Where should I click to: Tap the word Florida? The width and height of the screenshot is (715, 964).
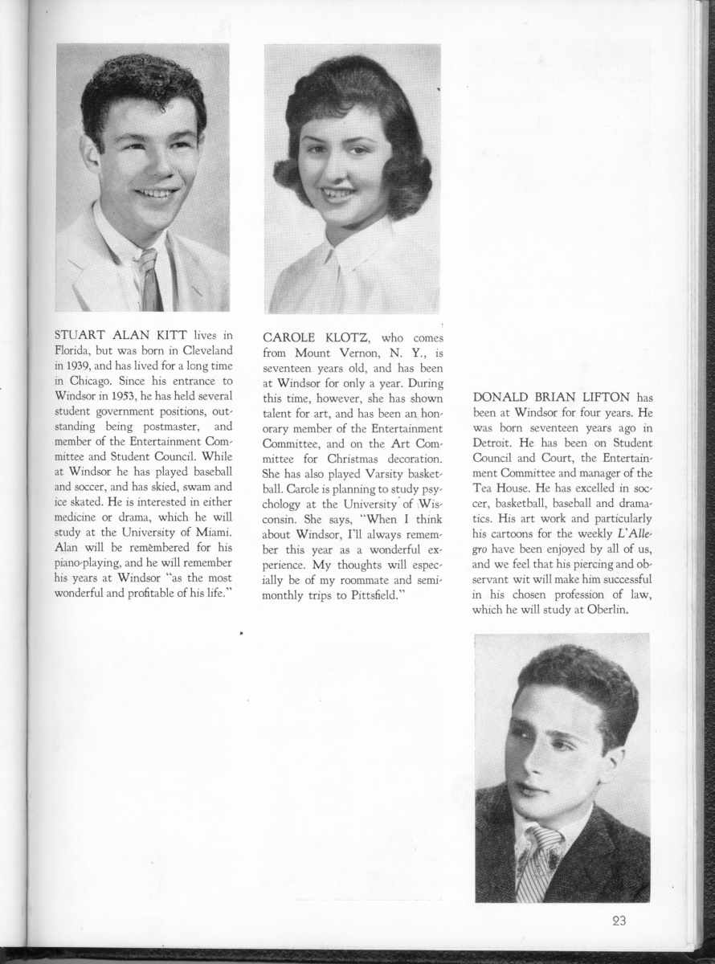(x=74, y=350)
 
